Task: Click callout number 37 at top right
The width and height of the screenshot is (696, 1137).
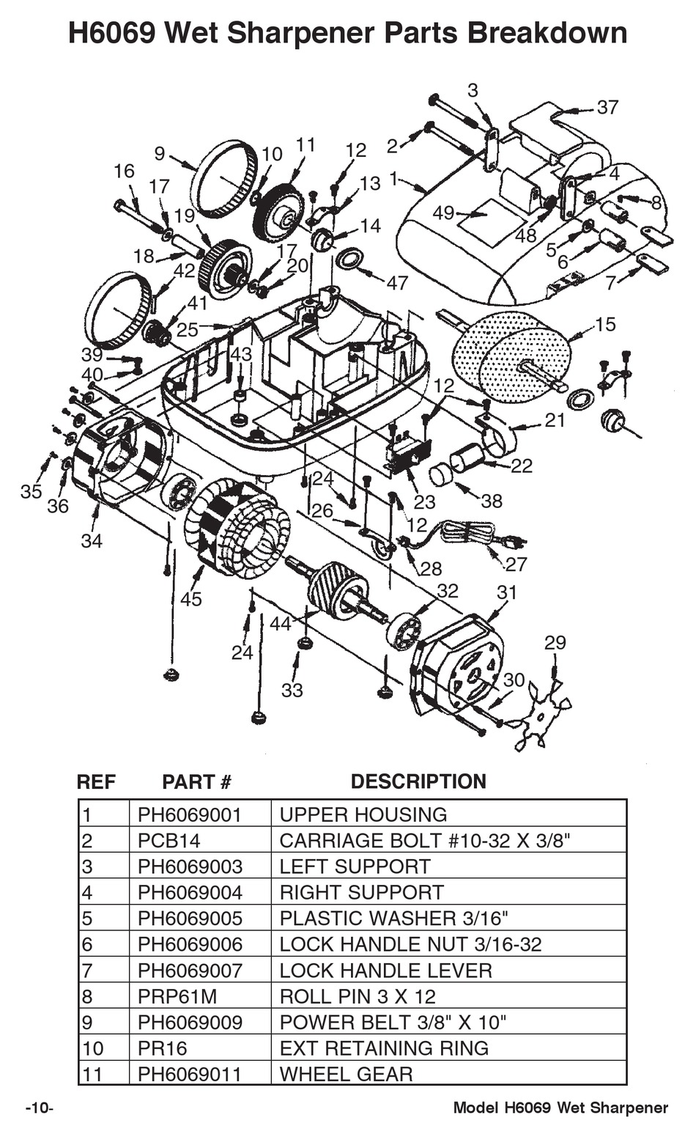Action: [607, 107]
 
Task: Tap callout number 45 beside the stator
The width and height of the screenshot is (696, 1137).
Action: [190, 599]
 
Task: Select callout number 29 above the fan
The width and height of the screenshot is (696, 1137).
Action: [555, 642]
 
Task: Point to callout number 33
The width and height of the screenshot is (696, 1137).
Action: [292, 690]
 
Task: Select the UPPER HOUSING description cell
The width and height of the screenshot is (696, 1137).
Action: [363, 814]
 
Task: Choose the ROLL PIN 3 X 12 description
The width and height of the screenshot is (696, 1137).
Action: [358, 996]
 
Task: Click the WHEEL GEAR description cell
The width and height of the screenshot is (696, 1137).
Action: [346, 1074]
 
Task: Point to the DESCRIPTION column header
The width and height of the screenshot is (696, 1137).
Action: [418, 781]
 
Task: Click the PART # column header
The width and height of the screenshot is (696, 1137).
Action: [196, 781]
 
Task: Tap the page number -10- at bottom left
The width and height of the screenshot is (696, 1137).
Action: [40, 1108]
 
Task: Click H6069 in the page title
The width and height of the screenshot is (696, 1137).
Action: [111, 34]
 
